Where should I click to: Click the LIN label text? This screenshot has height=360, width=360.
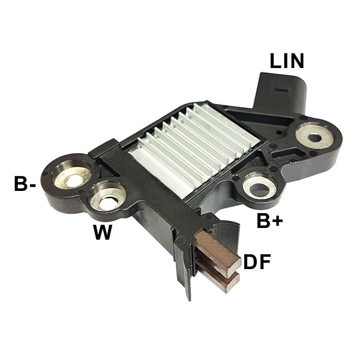[287, 61]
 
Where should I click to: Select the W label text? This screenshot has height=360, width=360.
[103, 233]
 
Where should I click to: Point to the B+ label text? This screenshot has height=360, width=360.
[270, 221]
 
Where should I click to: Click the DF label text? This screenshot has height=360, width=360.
[257, 262]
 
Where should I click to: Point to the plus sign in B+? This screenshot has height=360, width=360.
[278, 222]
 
